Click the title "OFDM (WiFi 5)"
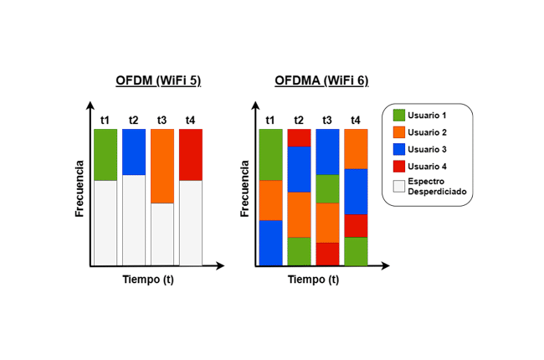[158, 81]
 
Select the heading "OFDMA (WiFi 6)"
[321, 81]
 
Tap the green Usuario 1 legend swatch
[398, 115]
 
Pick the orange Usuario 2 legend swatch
[398, 132]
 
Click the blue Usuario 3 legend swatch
[398, 150]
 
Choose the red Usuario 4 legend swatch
[398, 167]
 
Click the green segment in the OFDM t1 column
[105, 154]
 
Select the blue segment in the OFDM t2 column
[134, 152]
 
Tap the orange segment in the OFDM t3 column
[162, 166]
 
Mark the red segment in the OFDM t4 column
[191, 154]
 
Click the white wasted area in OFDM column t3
[162, 234]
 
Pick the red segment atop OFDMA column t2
[299, 137]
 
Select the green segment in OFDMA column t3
[327, 188]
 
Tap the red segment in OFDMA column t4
[356, 225]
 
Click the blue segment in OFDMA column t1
[270, 243]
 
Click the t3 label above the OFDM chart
[162, 120]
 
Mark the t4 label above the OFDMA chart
[356, 120]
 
